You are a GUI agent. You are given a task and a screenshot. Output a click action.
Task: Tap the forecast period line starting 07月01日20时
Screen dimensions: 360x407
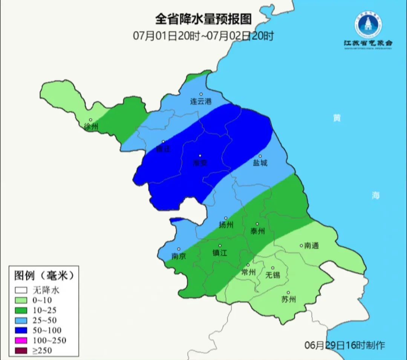click(203, 36)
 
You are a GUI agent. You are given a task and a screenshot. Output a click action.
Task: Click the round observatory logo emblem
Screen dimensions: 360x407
click(368, 24)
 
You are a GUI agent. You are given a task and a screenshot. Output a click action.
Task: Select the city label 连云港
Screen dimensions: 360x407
click(201, 101)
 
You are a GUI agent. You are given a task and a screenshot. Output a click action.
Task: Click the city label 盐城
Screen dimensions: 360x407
click(260, 163)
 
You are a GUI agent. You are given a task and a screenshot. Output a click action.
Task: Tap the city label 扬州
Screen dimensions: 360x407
click(226, 225)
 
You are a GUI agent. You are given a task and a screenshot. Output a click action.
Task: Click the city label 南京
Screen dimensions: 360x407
click(179, 256)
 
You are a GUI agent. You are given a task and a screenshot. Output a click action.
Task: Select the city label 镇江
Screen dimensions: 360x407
click(220, 253)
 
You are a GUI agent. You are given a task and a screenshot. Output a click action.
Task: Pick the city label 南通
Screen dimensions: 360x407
click(311, 246)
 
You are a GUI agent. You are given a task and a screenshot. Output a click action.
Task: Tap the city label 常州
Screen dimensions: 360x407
click(248, 272)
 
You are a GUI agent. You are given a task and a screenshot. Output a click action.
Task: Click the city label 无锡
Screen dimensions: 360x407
click(273, 275)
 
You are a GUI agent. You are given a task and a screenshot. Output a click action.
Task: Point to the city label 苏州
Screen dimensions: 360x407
click(288, 300)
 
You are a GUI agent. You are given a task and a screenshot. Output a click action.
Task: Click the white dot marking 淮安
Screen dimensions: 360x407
click(200, 156)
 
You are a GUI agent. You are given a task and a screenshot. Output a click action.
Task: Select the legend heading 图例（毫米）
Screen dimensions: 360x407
click(44, 276)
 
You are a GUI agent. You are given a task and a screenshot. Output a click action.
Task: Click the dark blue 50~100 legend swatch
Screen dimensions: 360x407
click(21, 330)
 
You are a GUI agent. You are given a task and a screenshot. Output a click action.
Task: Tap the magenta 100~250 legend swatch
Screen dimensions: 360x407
click(21, 340)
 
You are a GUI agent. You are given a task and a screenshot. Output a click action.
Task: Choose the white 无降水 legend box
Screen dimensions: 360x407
click(21, 290)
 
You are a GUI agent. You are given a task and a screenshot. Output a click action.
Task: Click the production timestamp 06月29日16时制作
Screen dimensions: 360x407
click(344, 345)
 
